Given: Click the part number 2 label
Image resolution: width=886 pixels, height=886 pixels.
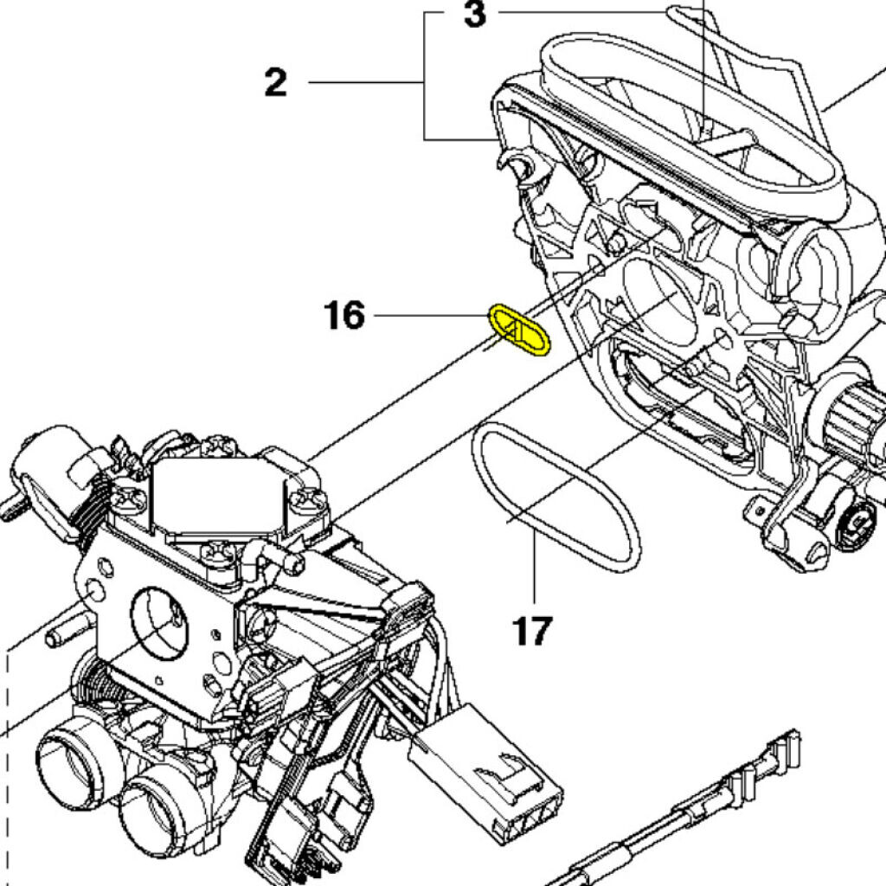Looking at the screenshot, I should (275, 83).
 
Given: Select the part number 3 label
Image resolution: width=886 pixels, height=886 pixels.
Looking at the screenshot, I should (474, 15).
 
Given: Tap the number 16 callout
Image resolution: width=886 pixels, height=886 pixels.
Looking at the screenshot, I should (344, 316).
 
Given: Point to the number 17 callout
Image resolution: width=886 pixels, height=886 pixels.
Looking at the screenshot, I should (531, 630).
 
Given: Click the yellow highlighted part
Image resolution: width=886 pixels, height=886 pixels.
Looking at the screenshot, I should (520, 330).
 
